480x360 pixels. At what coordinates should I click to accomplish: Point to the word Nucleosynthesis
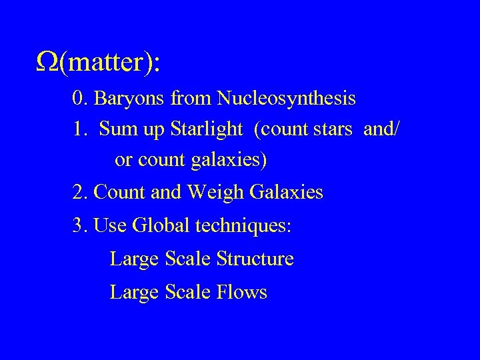285,99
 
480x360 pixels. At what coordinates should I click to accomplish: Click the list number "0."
81,99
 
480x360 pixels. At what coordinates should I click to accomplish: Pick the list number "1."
80,129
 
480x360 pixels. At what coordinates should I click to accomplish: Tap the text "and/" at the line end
381,129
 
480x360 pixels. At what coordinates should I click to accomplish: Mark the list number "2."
81,193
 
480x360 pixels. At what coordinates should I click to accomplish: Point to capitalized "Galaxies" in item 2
286,193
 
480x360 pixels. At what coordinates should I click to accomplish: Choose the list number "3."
81,225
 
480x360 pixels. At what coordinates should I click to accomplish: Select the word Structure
255,259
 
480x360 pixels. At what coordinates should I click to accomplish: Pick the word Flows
242,292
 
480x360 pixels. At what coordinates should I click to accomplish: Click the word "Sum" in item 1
115,129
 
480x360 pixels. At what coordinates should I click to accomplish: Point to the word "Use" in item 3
111,225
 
